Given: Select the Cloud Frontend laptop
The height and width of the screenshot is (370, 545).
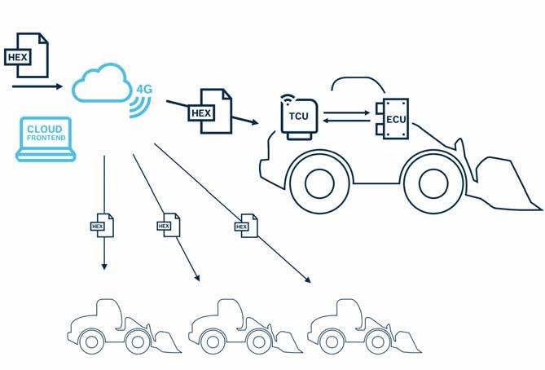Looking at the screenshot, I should pos(44,138).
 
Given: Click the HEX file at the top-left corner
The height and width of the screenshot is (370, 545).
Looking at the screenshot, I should pos(26,54).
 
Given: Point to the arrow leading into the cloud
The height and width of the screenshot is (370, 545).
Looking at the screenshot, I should pos(37,85).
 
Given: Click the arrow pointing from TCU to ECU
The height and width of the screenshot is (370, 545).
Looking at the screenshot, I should pos(347,113).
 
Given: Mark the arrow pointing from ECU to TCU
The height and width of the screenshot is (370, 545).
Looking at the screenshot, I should pos(347,123).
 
